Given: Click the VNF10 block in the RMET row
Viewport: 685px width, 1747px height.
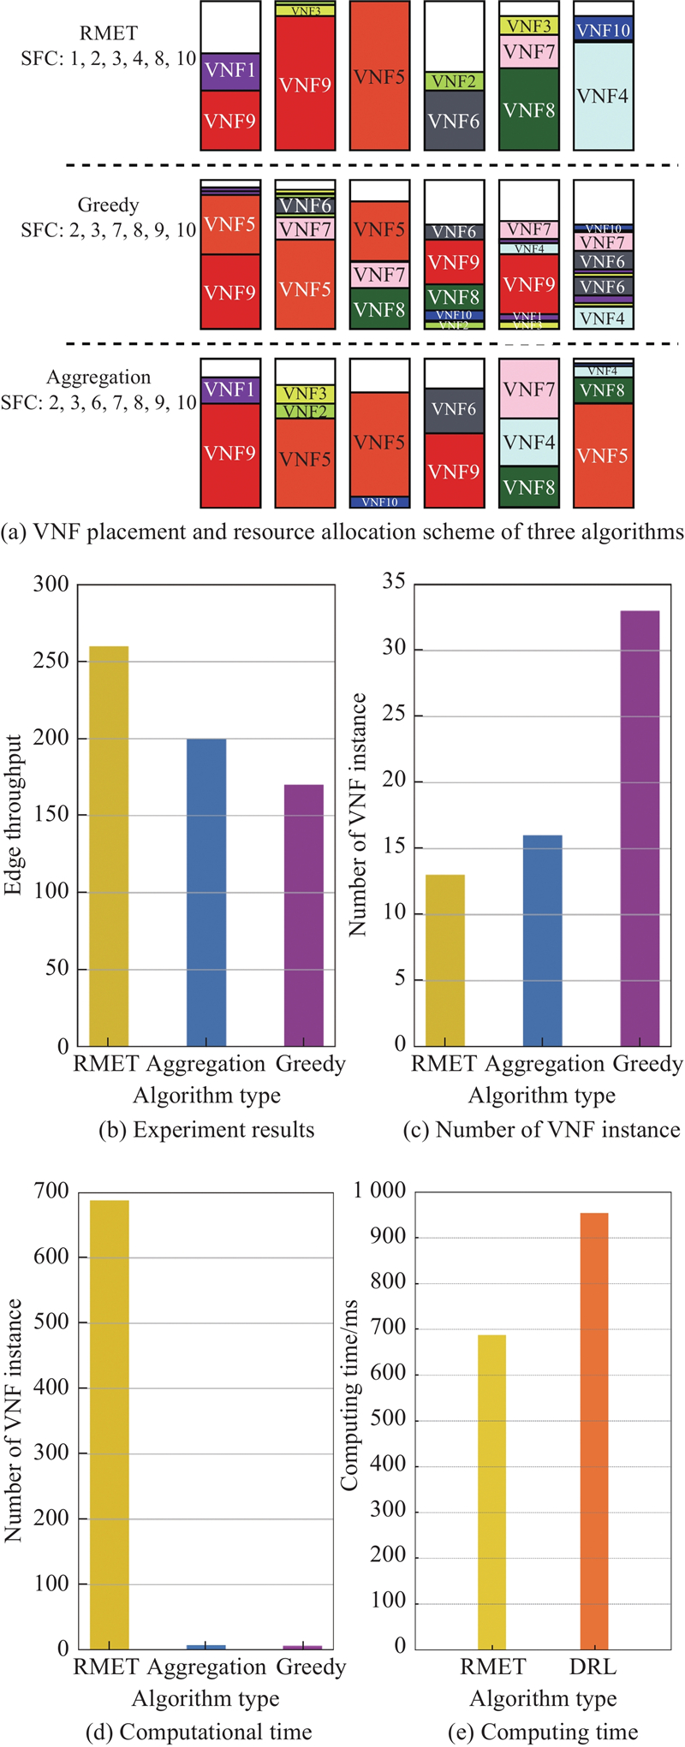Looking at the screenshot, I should [x=603, y=30].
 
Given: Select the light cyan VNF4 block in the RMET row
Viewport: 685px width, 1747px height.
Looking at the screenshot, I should [x=603, y=96].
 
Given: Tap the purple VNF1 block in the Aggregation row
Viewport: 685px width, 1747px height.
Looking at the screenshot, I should [x=230, y=389].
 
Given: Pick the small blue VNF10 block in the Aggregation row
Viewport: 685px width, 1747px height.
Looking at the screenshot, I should [x=379, y=502].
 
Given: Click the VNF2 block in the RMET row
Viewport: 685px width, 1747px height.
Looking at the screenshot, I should [x=454, y=81].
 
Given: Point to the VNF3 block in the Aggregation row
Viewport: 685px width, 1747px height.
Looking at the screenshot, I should [x=305, y=394].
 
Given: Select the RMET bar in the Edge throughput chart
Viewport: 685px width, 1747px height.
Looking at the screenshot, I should [x=109, y=846].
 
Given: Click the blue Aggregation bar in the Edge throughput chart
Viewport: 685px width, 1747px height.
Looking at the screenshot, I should [x=206, y=892].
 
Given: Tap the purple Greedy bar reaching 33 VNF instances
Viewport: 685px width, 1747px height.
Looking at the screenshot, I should [x=640, y=828].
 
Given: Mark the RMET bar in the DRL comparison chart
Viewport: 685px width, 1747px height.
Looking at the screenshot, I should [x=491, y=1492].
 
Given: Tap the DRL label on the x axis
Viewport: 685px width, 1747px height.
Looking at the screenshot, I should [x=593, y=1666].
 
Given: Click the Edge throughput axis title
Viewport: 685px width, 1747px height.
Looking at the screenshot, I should [x=14, y=815].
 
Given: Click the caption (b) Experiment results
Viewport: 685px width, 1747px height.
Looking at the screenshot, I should [x=206, y=1130].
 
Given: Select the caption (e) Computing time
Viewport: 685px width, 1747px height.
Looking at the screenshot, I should [x=543, y=1732].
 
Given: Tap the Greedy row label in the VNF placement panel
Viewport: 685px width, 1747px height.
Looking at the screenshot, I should [x=108, y=205].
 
